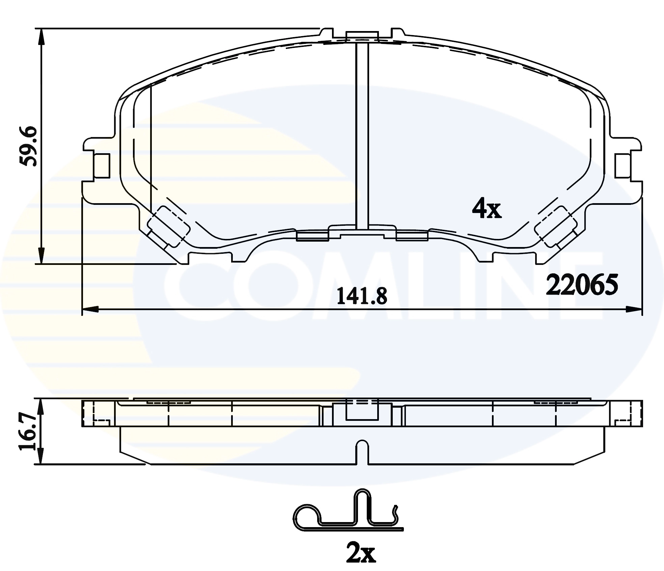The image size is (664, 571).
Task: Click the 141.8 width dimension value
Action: point(362,297)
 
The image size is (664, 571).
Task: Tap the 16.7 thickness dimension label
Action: point(27,432)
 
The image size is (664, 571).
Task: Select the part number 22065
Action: point(582,284)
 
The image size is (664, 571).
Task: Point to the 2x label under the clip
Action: point(361,553)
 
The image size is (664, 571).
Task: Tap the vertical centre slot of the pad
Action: point(362,135)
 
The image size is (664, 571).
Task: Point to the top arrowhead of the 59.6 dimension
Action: point(41,35)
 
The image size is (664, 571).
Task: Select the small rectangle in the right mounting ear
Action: point(623,166)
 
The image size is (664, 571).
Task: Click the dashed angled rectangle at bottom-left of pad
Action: point(169,226)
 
